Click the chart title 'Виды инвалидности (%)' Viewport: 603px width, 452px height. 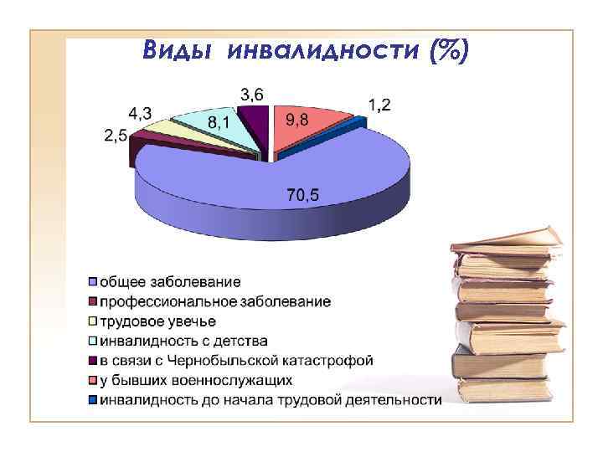pos(306,49)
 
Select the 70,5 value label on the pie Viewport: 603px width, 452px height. pos(302,196)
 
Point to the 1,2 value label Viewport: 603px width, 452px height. pos(379,105)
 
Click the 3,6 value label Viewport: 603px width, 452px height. pos(252,93)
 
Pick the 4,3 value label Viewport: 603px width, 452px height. pos(140,113)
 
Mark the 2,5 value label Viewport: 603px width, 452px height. pos(116,134)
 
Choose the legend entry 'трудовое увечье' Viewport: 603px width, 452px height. pos(158,321)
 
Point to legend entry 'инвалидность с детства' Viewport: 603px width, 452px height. pos(184,341)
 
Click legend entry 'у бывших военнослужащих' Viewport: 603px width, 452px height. pos(196,381)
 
